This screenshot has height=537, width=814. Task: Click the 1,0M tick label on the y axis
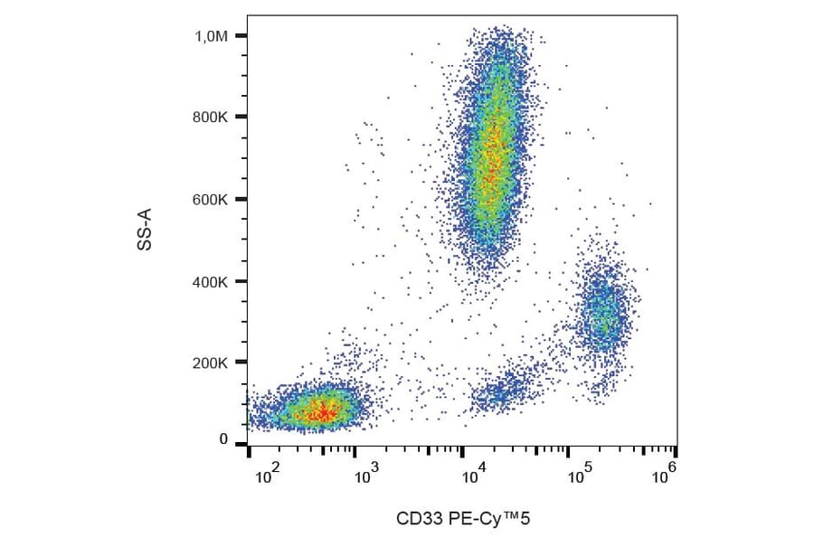tap(213, 36)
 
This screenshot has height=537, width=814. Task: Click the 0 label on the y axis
tap(223, 439)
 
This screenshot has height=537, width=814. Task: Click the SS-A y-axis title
tap(145, 228)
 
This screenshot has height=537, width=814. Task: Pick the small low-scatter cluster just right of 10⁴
tap(502, 391)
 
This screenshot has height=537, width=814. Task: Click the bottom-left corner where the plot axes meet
tap(248, 445)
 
